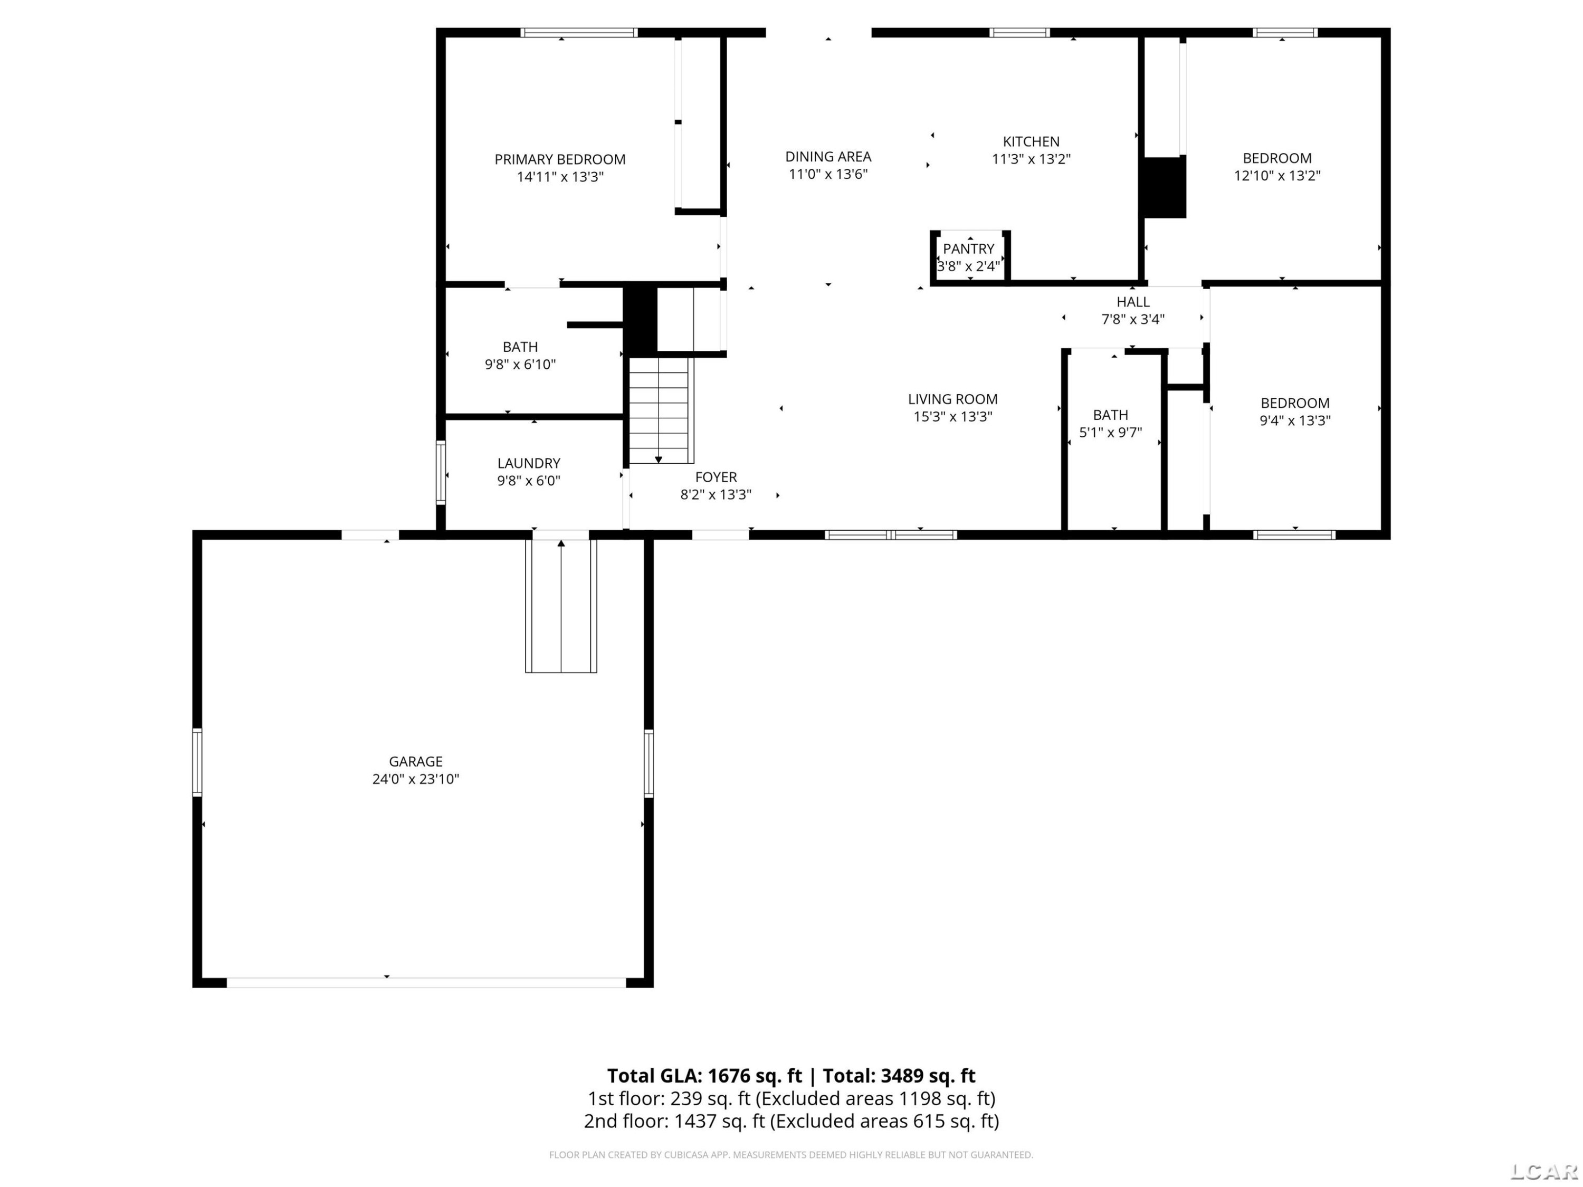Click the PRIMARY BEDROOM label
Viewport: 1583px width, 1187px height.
pos(560,159)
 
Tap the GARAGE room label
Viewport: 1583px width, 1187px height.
pos(416,761)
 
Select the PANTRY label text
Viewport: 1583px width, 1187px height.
pos(968,249)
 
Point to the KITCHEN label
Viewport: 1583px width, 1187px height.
pos(1031,142)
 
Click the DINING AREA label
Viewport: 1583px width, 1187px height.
pos(828,157)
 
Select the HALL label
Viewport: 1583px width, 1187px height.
pos(1133,302)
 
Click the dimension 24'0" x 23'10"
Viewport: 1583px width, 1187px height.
pos(416,779)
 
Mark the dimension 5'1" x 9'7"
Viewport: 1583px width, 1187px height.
pos(1110,432)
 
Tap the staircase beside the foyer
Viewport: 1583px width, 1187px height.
pos(659,410)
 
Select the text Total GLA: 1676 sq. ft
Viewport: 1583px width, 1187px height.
pos(704,1076)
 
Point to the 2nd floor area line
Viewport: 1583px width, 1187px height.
pos(791,1121)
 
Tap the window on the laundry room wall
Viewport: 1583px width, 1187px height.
pos(441,472)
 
